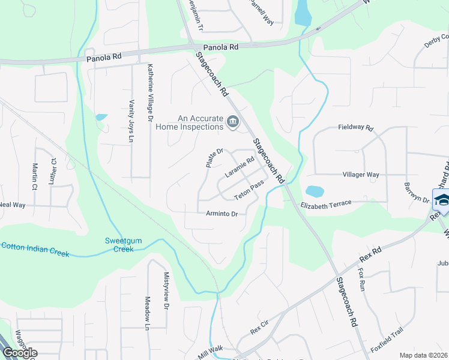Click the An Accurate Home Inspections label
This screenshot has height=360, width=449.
click(x=189, y=123)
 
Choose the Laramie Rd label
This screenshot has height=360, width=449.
click(x=240, y=167)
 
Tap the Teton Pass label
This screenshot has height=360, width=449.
click(x=249, y=191)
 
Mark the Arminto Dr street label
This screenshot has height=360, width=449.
click(x=222, y=214)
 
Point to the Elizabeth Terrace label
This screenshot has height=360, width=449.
click(x=325, y=204)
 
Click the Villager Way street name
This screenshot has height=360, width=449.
click(x=360, y=175)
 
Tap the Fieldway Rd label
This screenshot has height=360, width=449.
click(x=355, y=128)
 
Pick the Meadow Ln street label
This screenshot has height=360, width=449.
click(x=147, y=313)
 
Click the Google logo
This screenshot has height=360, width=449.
click(x=20, y=352)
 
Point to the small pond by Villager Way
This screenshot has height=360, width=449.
click(x=315, y=192)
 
